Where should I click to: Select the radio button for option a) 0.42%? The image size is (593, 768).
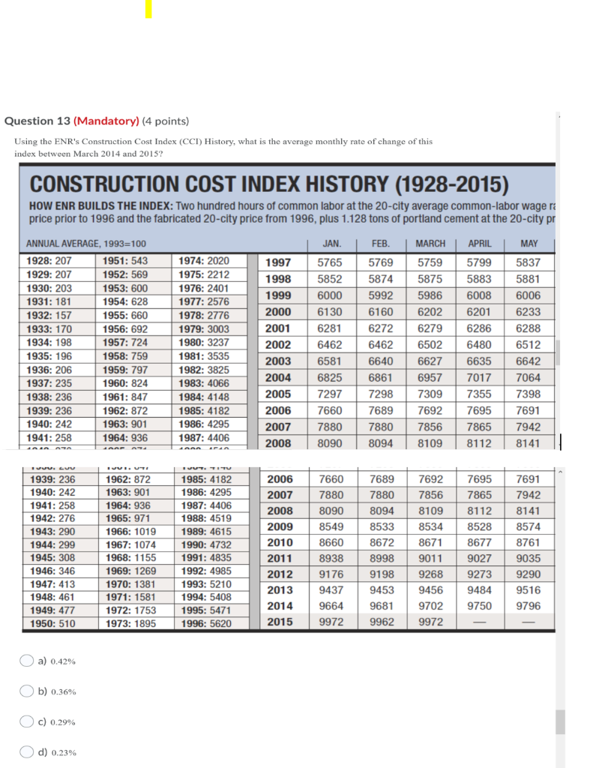coord(26,661)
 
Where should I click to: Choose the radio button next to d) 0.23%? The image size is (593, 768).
coord(26,752)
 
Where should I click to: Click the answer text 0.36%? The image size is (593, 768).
coord(63,691)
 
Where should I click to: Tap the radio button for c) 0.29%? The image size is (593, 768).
coord(26,721)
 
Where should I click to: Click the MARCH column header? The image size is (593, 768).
coord(430,244)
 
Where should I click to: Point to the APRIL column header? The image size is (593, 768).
coord(479,244)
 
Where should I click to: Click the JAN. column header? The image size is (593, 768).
coord(331,244)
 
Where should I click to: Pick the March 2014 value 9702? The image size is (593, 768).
coord(430,606)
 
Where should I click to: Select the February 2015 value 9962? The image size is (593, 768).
coord(380,622)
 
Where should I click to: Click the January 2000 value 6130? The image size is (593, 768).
coord(330,312)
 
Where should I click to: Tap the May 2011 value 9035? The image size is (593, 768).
coord(528,558)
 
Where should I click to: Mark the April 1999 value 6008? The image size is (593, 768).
coord(479,295)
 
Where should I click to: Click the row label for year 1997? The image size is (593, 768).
coord(279,262)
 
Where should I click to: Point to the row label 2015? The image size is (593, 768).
coord(280,622)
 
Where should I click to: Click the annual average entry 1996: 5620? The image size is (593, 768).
coord(206,623)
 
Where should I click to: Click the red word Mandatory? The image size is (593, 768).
coord(106,121)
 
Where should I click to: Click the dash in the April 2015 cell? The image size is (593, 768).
coord(479,622)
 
